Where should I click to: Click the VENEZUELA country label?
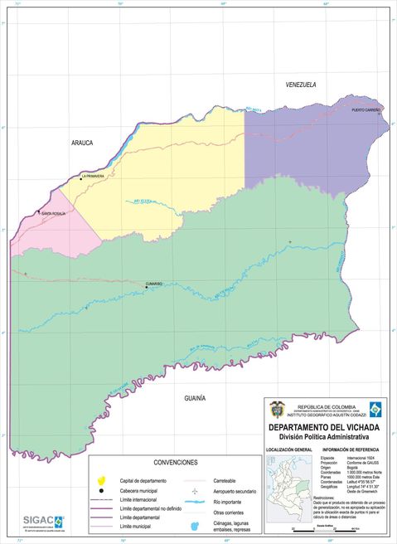(x=301, y=85)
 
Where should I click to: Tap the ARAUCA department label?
(x=81, y=143)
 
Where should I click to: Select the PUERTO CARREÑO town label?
(x=366, y=109)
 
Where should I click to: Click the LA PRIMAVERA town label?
(x=93, y=176)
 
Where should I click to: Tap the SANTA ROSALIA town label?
(x=53, y=214)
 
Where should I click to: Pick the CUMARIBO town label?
(x=153, y=284)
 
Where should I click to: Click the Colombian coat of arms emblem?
(x=277, y=410)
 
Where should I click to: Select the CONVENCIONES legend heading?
(x=176, y=462)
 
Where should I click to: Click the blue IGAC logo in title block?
(x=377, y=410)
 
